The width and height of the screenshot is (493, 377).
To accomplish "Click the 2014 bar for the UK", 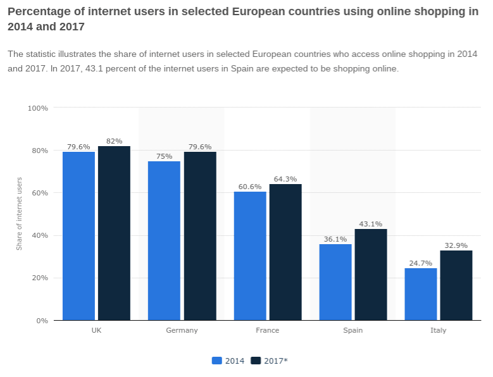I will click(x=78, y=236).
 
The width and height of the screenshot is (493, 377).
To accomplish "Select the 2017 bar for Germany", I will click(x=200, y=236).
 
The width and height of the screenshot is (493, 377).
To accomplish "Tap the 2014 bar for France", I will click(x=250, y=256).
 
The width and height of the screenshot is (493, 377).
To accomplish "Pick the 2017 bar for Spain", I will click(x=371, y=275).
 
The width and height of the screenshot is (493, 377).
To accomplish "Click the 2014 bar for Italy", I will click(x=421, y=294).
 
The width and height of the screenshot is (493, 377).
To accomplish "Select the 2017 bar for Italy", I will click(x=456, y=285).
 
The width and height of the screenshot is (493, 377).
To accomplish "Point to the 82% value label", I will click(x=115, y=141).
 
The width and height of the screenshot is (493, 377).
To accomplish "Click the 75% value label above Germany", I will click(x=164, y=156).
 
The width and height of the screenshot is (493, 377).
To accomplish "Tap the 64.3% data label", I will click(x=285, y=179).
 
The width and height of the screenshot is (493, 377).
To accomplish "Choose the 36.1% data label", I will click(x=335, y=239).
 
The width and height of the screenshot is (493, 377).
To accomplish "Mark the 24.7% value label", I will click(x=421, y=263).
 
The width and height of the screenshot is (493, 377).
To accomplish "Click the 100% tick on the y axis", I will click(x=38, y=108).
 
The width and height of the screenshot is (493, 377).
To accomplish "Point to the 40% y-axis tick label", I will click(x=40, y=235).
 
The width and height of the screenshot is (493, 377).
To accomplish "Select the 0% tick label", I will click(x=42, y=321).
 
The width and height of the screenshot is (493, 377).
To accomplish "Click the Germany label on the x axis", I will click(x=182, y=330).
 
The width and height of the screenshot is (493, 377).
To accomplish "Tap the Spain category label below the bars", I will click(x=353, y=330).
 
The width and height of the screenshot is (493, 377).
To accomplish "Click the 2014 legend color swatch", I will click(x=217, y=361).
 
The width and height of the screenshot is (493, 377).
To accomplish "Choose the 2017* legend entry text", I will click(x=276, y=361).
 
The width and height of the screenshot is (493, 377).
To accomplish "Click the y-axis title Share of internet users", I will click(x=19, y=214).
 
